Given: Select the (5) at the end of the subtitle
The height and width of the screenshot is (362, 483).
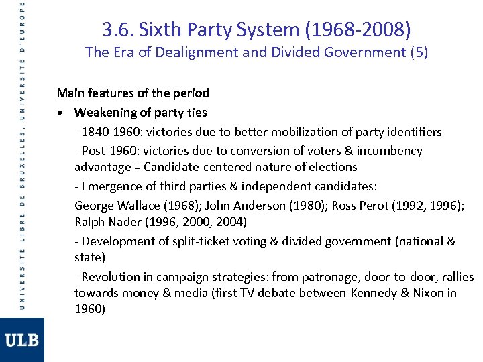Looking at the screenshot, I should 418,52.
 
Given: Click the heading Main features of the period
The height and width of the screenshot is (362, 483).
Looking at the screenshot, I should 133,93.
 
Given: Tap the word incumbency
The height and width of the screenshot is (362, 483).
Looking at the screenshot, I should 389,151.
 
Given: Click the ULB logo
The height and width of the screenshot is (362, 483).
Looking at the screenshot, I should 22,340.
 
